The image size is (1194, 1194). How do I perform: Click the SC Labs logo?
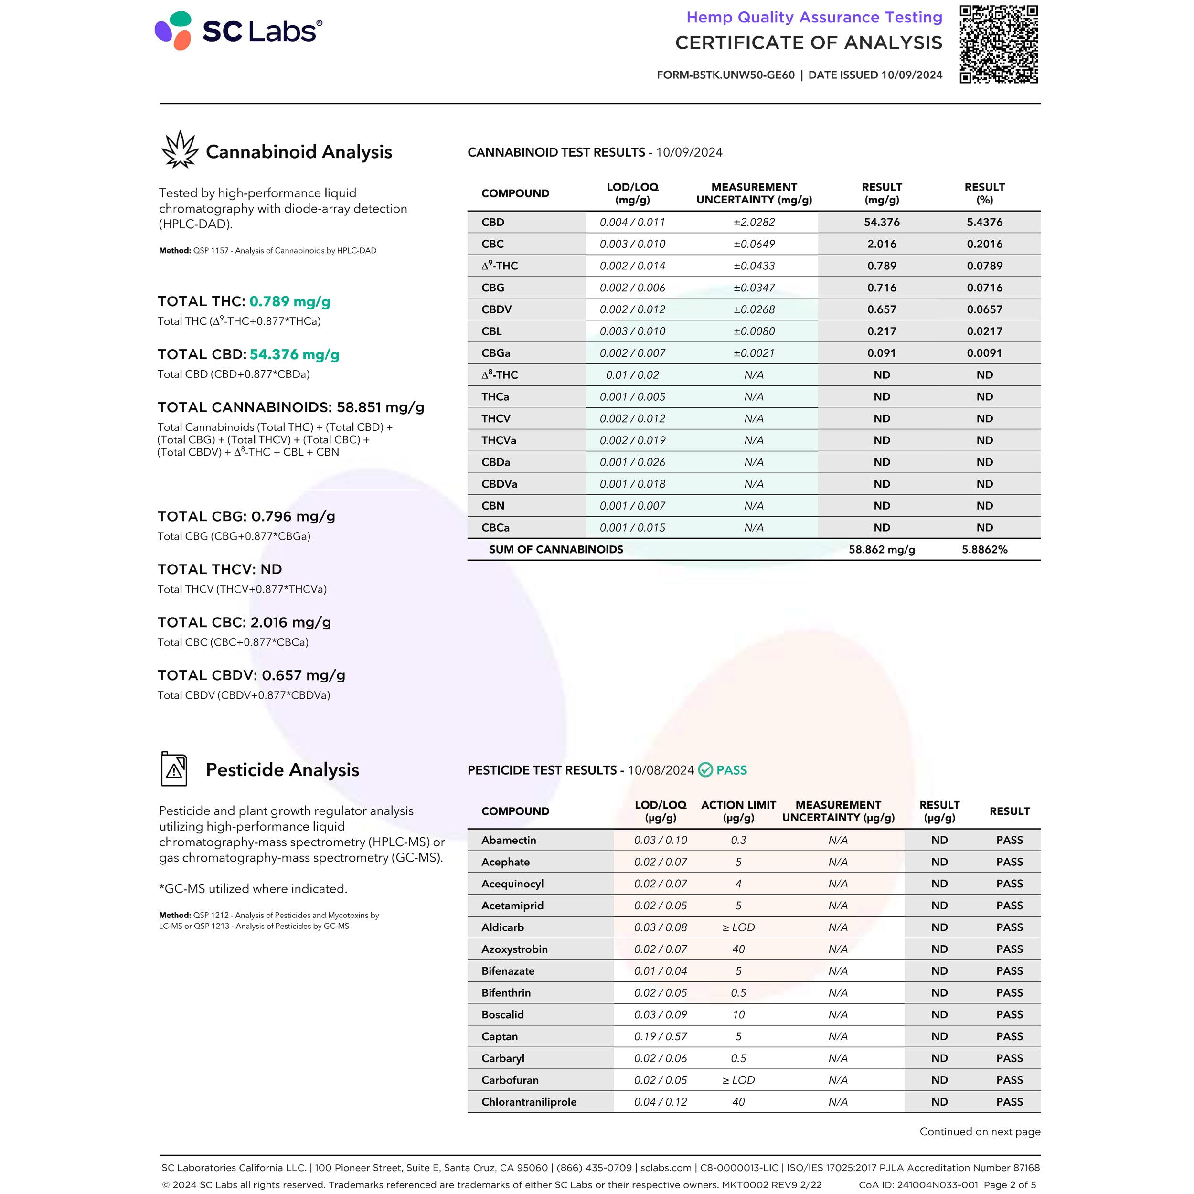(238, 31)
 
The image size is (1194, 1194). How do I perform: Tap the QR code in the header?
(998, 44)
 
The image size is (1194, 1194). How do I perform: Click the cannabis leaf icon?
(179, 149)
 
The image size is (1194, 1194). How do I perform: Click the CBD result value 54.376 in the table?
(881, 222)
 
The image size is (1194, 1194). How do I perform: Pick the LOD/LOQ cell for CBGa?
(632, 353)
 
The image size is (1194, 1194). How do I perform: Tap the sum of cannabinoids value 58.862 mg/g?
(881, 549)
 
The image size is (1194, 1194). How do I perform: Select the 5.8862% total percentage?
(984, 549)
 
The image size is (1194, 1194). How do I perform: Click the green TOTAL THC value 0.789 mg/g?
(289, 301)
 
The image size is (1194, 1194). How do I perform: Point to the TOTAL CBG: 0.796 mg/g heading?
(246, 516)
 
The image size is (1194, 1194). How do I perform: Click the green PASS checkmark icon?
(705, 770)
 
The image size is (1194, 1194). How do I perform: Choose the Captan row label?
(500, 1036)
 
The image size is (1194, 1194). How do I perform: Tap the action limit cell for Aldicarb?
(738, 927)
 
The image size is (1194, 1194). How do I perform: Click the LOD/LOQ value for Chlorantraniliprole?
(660, 1102)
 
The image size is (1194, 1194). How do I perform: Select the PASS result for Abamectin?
(1009, 840)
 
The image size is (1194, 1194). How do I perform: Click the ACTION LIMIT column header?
(738, 811)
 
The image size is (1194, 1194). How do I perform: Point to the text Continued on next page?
(980, 1131)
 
